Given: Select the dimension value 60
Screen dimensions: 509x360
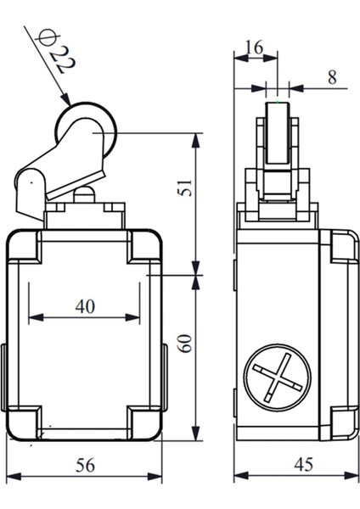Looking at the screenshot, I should coord(184,343).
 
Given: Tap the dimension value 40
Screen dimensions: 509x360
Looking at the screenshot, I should coord(84,306).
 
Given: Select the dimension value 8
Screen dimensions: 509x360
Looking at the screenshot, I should coord(331,76).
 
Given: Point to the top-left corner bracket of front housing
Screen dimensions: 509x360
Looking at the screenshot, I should coord(24,247).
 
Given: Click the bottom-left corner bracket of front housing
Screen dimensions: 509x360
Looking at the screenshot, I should coord(24,422).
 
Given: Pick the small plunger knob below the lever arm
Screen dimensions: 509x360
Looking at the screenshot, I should coord(83,195).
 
